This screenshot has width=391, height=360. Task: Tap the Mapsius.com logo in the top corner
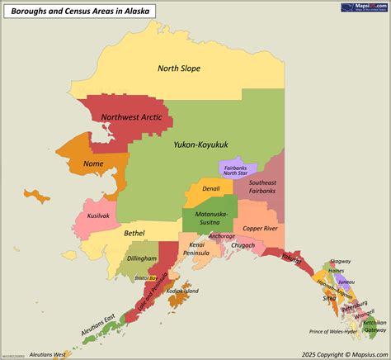tap(363, 7)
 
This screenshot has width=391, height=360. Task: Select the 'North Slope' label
tap(179, 69)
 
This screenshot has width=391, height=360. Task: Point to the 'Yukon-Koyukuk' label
tap(200, 144)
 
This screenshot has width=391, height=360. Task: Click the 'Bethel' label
tap(134, 233)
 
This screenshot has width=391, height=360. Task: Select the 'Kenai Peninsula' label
tap(197, 249)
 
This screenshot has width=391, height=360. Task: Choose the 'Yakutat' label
tap(291, 257)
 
